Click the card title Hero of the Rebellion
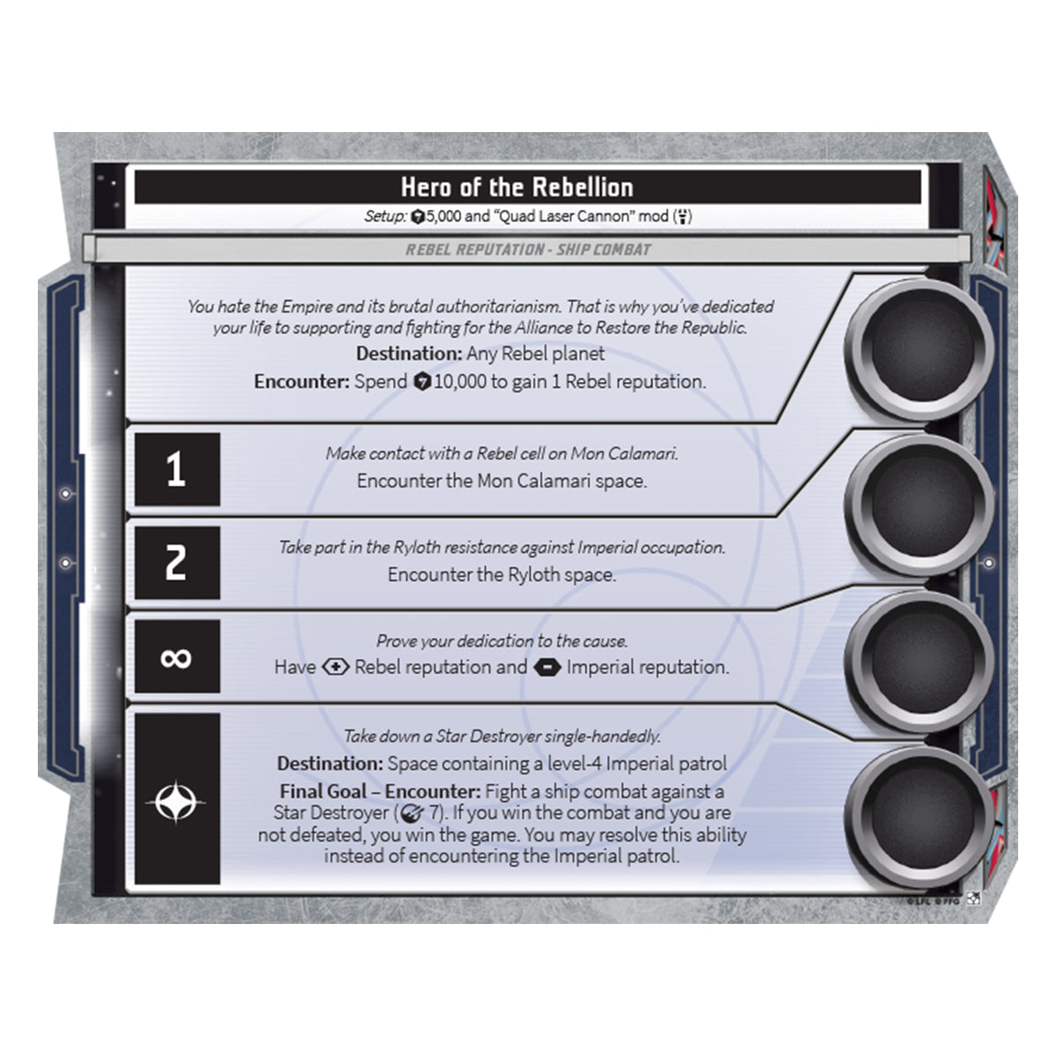[x=517, y=187]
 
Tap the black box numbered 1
[x=177, y=469]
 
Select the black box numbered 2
[x=177, y=563]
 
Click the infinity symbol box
[x=177, y=656]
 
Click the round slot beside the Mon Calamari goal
[x=920, y=504]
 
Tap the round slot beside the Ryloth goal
[x=920, y=504]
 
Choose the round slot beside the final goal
[x=920, y=818]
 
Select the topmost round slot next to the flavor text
[x=920, y=348]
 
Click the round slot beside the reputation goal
[x=920, y=661]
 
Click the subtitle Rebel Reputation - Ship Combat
[x=528, y=250]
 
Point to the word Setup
[x=385, y=216]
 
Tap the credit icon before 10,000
[x=422, y=381]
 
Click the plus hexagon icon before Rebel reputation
[x=335, y=667]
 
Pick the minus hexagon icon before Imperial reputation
[x=546, y=667]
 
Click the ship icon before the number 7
[x=412, y=813]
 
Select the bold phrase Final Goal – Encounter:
[x=380, y=791]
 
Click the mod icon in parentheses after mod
[x=682, y=217]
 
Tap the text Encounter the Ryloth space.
[x=502, y=575]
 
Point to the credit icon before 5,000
[x=418, y=217]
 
